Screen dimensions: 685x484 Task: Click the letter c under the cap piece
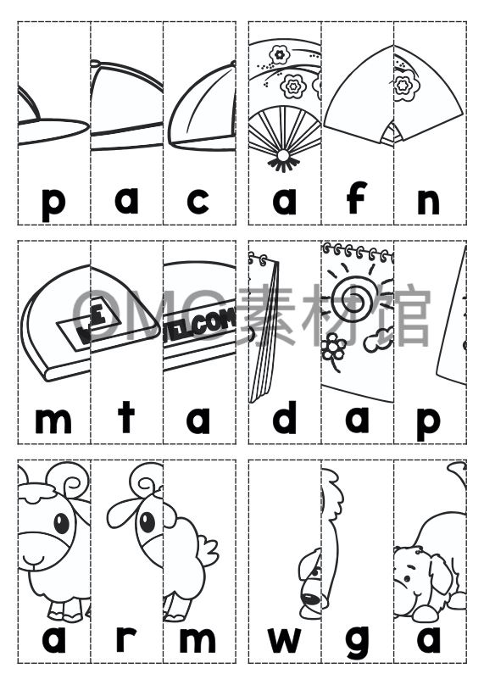pyautogui.click(x=198, y=201)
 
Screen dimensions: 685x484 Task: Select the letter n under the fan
pyautogui.click(x=429, y=202)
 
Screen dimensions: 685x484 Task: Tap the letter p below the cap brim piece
pyautogui.click(x=53, y=203)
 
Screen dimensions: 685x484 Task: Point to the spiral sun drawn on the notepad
pyautogui.click(x=357, y=298)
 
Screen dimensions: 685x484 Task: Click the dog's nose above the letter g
pyautogui.click(x=312, y=599)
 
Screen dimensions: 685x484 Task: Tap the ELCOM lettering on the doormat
pyautogui.click(x=200, y=325)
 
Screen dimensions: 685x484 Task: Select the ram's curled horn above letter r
pyautogui.click(x=146, y=484)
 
